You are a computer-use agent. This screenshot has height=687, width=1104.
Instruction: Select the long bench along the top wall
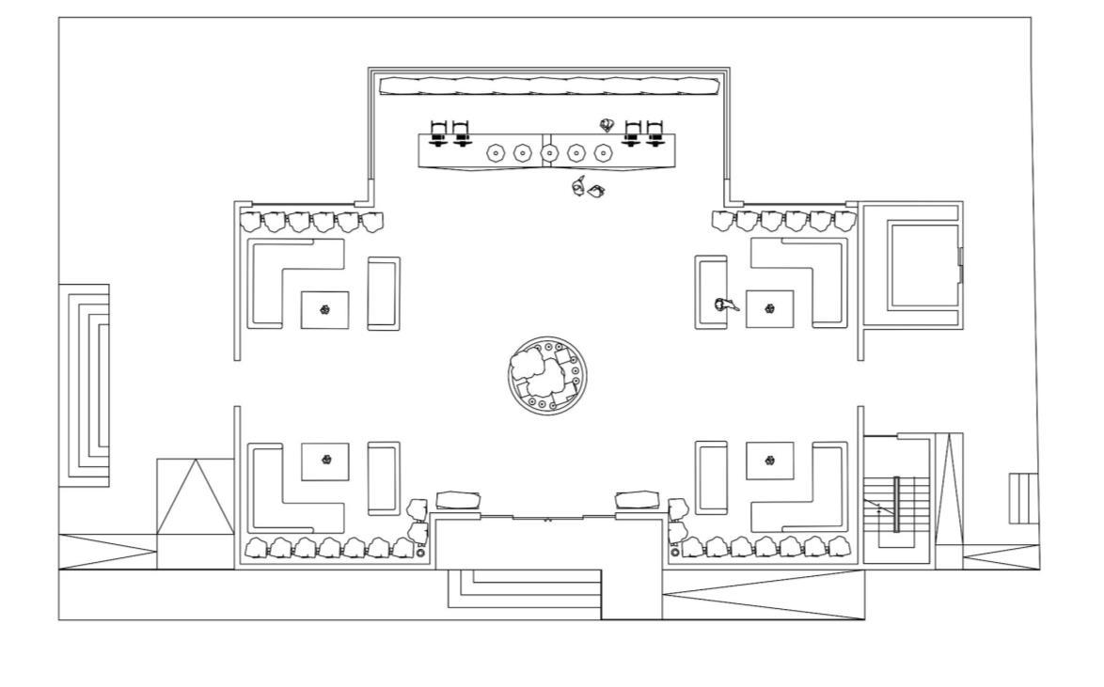(x=549, y=86)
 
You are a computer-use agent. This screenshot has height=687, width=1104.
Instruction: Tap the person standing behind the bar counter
(x=607, y=125)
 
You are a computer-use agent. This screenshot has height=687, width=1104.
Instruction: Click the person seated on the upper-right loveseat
(x=724, y=304)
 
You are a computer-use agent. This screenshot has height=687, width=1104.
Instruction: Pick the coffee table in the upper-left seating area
(x=324, y=309)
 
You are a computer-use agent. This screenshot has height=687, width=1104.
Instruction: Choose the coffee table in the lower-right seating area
(x=769, y=461)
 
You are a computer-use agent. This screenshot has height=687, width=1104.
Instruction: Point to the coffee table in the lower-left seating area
(x=324, y=461)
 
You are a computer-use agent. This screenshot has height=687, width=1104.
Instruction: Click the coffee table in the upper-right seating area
(x=769, y=309)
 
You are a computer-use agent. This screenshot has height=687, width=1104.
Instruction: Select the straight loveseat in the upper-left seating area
(x=383, y=293)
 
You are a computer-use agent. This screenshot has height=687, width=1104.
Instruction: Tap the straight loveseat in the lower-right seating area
(x=711, y=477)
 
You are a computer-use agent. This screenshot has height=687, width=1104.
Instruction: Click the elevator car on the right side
(x=923, y=266)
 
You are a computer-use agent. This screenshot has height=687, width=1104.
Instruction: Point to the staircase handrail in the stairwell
(x=896, y=505)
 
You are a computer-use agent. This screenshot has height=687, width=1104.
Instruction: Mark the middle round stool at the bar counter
(x=550, y=152)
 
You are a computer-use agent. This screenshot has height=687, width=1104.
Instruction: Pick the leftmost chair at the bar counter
(x=437, y=133)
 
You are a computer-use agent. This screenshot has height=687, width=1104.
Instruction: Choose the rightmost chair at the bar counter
(x=655, y=133)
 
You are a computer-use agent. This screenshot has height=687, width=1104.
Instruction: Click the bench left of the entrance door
(x=458, y=500)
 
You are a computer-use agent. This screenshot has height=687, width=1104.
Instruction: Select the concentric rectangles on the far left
(x=85, y=385)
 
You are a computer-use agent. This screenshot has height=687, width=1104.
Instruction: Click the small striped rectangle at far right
(x=1023, y=498)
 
